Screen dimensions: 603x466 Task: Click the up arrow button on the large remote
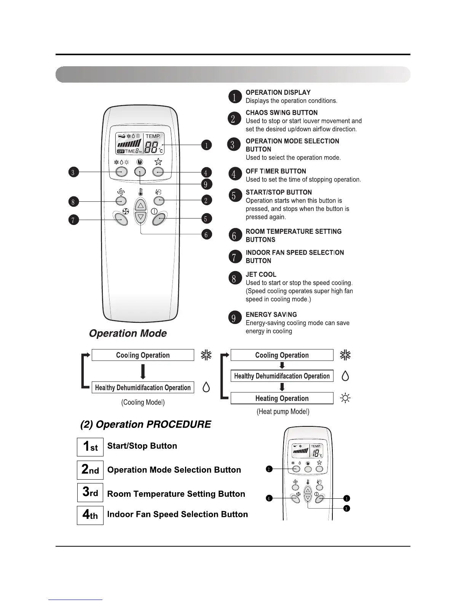click(141, 206)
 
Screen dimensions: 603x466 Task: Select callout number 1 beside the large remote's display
click(206, 145)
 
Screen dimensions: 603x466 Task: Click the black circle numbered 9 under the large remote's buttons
click(206, 184)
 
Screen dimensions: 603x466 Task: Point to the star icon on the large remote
click(158, 162)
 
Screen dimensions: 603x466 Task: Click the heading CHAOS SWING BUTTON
click(281, 113)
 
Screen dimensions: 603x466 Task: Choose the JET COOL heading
click(261, 274)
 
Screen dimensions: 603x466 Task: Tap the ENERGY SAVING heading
click(271, 314)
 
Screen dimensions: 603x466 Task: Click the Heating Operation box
click(282, 398)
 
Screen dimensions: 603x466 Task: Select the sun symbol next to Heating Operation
click(345, 398)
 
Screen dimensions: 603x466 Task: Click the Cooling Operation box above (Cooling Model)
click(143, 355)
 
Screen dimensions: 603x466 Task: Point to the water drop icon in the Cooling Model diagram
click(206, 387)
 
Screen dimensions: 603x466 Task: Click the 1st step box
click(90, 447)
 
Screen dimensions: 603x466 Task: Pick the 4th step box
click(90, 515)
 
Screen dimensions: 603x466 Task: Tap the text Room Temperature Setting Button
click(176, 494)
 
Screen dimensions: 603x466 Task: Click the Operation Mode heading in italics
click(128, 333)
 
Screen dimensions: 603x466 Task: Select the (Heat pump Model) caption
click(283, 412)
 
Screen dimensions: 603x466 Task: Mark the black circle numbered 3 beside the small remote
click(346, 509)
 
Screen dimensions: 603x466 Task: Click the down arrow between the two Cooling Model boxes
click(143, 372)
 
